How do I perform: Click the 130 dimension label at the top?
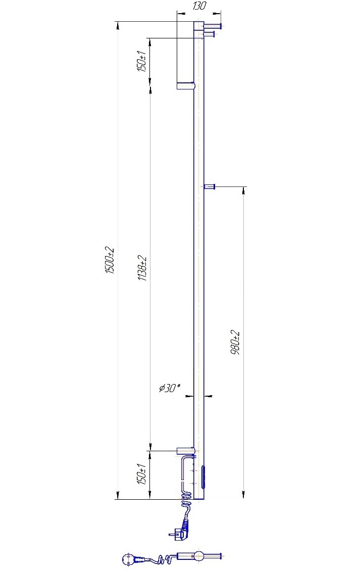tap(199, 6)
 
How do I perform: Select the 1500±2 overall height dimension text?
tap(110, 261)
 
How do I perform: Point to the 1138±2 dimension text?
tap(142, 268)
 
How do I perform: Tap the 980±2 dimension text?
tap(235, 343)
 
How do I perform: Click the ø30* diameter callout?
tap(170, 388)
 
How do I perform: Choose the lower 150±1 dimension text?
tap(141, 474)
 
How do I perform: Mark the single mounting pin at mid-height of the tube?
tap(210, 187)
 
